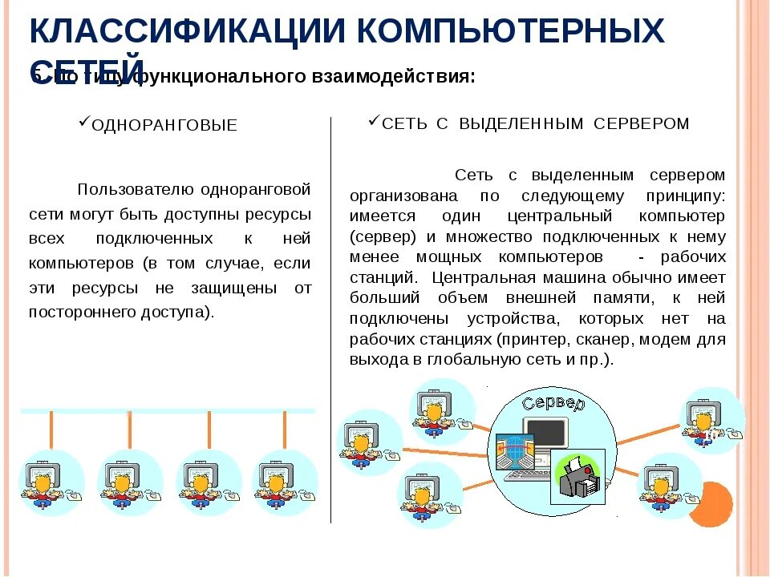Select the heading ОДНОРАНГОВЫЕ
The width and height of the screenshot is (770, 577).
click(x=164, y=126)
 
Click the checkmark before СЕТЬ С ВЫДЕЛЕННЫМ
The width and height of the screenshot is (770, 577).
click(x=374, y=120)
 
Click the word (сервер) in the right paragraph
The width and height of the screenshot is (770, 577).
click(x=383, y=237)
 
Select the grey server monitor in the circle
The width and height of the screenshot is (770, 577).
click(x=545, y=434)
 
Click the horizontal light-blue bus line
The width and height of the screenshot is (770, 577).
click(x=168, y=410)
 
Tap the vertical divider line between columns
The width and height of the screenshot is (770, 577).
click(x=330, y=321)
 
